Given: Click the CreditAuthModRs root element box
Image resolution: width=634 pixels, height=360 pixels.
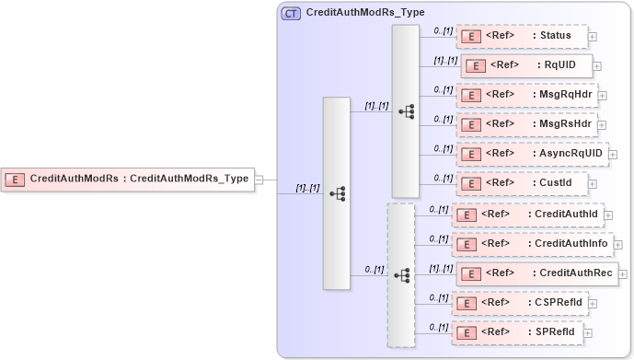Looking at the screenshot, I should click(128, 179).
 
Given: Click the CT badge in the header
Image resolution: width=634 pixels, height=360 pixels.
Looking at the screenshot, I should click(291, 14).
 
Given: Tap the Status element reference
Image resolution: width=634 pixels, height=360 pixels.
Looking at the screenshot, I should click(522, 37).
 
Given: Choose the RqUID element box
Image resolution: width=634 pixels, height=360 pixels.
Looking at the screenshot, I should click(525, 66).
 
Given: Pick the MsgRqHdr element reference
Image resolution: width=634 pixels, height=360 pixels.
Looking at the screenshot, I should click(526, 95).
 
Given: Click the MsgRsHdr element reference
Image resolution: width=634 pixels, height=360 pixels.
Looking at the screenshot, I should click(526, 124).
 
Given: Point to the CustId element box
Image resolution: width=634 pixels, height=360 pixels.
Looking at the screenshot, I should click(522, 183).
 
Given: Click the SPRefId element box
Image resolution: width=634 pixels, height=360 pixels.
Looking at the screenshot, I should click(517, 331).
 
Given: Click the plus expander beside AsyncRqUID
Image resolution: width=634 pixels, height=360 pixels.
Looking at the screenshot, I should click(613, 155).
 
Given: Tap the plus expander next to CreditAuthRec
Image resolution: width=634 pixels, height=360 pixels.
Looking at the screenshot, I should click(623, 274).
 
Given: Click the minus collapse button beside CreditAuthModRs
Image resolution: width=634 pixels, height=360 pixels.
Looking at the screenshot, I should click(259, 180).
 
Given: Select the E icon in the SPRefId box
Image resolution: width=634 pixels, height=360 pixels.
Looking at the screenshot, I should click(467, 332).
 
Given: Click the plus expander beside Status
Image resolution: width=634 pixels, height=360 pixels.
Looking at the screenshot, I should click(592, 38).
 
